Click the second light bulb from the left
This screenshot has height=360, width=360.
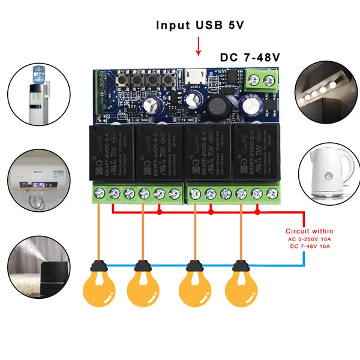[142, 287]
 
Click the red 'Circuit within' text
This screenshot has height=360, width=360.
[309, 231]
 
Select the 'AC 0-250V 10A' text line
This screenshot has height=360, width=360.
[309, 239]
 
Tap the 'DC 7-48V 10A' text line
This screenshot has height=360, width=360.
[309, 247]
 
